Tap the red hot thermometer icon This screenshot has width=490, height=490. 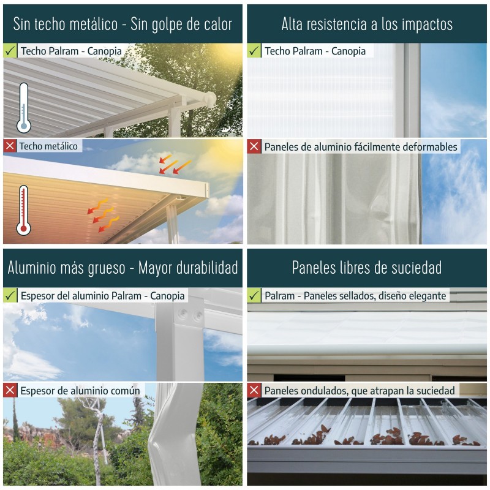[x=24, y=210]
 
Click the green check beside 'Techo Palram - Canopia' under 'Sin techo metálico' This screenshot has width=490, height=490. [x=10, y=51]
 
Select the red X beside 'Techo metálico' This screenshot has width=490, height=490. [x=10, y=146]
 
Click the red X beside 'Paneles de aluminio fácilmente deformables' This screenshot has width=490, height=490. [x=254, y=147]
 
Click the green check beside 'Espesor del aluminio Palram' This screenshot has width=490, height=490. [x=10, y=296]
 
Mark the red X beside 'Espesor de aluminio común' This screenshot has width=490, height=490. [x=10, y=390]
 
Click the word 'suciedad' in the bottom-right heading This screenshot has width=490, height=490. [x=417, y=268]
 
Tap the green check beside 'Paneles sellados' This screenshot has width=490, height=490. [x=254, y=296]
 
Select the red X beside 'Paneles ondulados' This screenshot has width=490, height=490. [x=254, y=390]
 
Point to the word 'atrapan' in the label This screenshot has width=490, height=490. [x=368, y=390]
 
